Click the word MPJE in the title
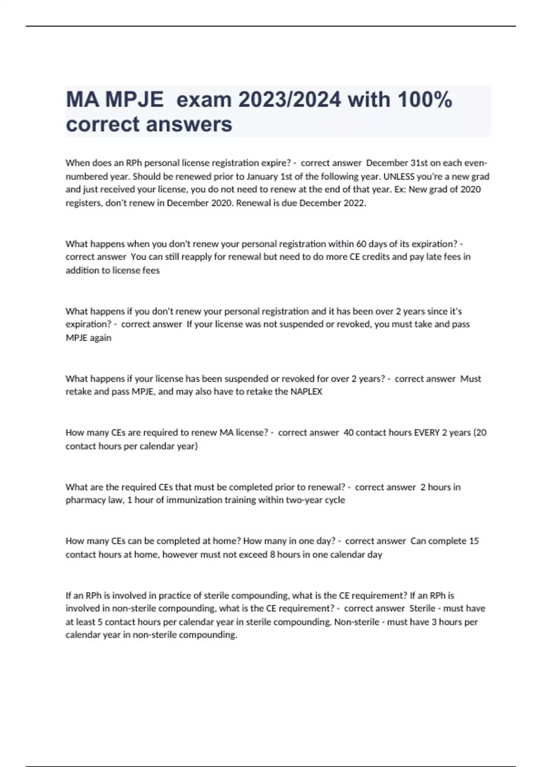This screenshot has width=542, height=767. [134, 99]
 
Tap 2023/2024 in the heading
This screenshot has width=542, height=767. [290, 99]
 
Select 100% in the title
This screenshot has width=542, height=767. [424, 99]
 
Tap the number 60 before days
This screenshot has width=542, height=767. [361, 244]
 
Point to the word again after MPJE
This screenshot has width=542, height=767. [100, 338]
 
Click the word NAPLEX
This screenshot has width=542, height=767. [306, 392]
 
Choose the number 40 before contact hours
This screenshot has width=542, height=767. [349, 433]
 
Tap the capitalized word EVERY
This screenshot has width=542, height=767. [427, 433]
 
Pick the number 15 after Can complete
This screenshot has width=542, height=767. [474, 541]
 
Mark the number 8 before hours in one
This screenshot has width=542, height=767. [272, 554]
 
